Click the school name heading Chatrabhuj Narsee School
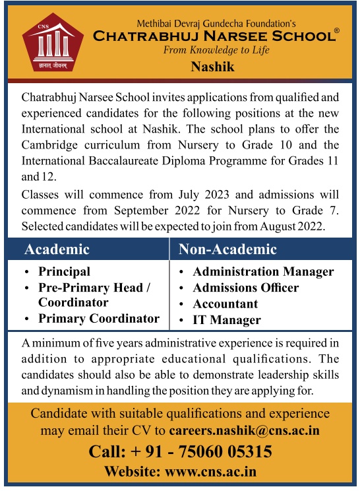tap(212, 36)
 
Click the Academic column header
tap(57, 249)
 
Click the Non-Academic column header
tap(228, 249)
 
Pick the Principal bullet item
tap(64, 271)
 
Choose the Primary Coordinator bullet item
tap(99, 318)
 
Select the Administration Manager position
tap(263, 271)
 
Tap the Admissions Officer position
tap(245, 288)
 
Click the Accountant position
tap(225, 304)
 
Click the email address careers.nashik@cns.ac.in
tap(244, 431)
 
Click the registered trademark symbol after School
tap(336, 31)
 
